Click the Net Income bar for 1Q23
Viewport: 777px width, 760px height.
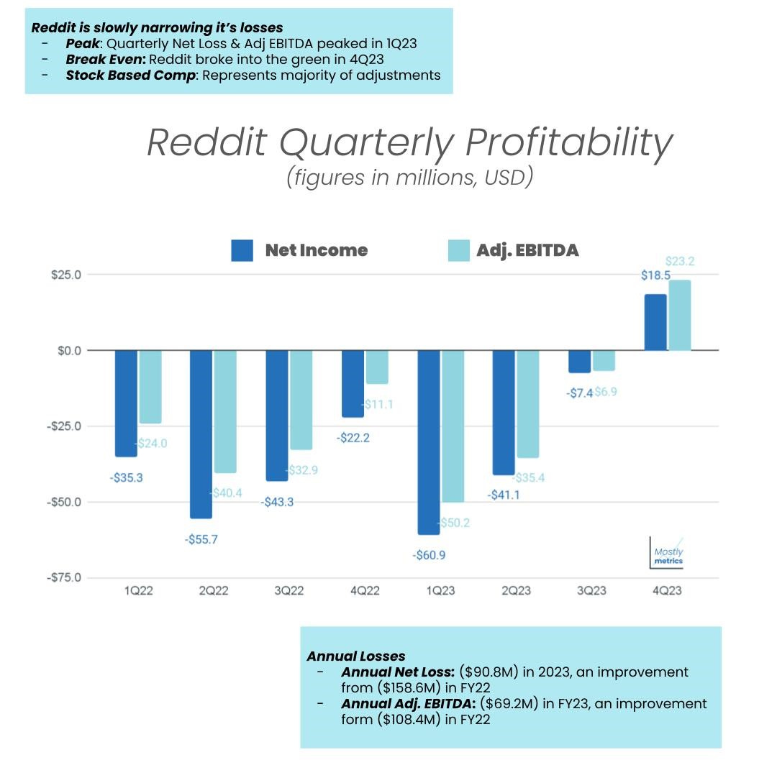(x=428, y=442)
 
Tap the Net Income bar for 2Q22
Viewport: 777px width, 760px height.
(x=201, y=434)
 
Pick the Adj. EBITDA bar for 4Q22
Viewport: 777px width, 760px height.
(x=376, y=367)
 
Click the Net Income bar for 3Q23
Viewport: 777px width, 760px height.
(x=579, y=361)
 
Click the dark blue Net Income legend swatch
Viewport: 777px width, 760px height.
(x=242, y=250)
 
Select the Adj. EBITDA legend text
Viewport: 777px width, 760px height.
(x=527, y=250)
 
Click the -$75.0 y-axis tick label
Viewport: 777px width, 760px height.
(x=65, y=577)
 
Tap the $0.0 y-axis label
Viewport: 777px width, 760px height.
(x=69, y=350)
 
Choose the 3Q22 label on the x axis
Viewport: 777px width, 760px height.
(x=289, y=591)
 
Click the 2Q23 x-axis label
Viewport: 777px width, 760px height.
(x=516, y=591)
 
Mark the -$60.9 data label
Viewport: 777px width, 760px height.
(x=434, y=555)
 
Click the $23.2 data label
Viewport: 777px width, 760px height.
(x=680, y=261)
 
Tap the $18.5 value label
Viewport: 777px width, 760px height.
(x=655, y=275)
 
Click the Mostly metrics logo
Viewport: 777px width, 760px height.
(x=668, y=555)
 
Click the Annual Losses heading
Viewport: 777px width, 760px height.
(x=355, y=656)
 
